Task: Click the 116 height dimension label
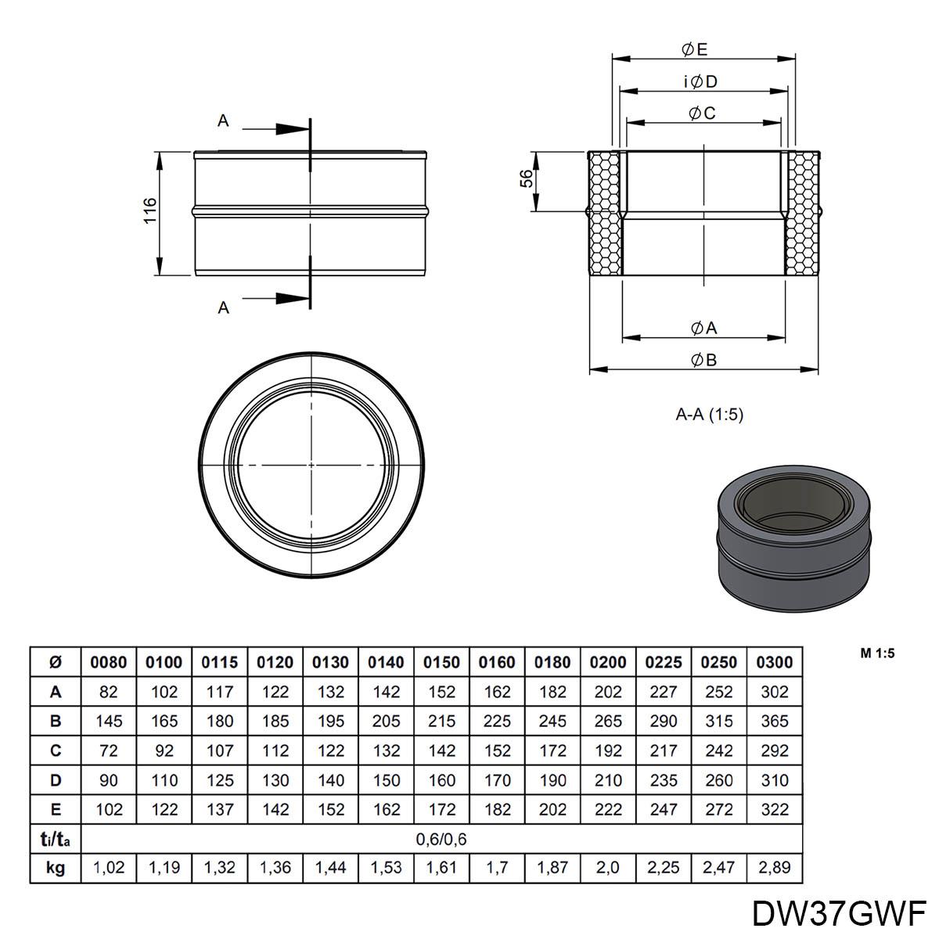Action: click(150, 210)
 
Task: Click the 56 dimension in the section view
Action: click(527, 178)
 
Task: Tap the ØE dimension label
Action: click(694, 49)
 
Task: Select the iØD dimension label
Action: click(700, 81)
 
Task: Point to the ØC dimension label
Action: click(702, 113)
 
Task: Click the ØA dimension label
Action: click(704, 328)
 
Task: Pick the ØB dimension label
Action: click(704, 360)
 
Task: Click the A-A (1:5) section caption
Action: click(710, 415)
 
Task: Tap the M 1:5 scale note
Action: click(877, 653)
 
